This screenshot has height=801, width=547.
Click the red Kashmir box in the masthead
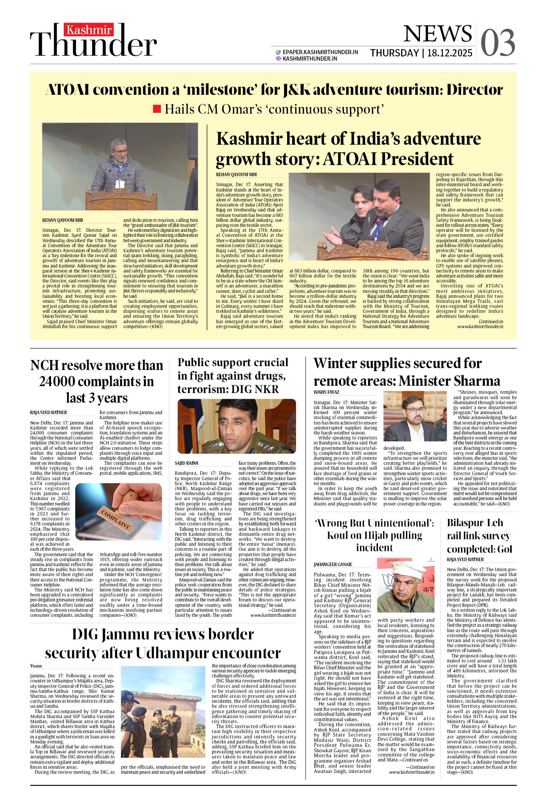(89, 30)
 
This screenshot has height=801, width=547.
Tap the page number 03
(497, 43)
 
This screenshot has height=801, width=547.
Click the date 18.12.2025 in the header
(449, 53)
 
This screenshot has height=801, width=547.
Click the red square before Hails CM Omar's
(157, 109)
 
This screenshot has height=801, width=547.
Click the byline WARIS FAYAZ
(326, 392)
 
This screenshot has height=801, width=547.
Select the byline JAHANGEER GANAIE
(333, 565)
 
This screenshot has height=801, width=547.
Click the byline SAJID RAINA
(187, 463)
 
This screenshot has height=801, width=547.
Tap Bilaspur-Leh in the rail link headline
(475, 523)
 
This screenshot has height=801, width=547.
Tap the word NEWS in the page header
(438, 34)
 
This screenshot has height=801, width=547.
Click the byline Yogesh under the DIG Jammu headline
(36, 666)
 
